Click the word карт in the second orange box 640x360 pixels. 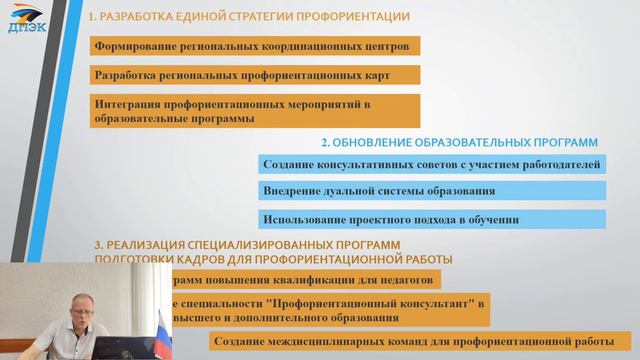click(374, 75)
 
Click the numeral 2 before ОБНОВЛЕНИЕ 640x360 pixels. click(324, 142)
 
